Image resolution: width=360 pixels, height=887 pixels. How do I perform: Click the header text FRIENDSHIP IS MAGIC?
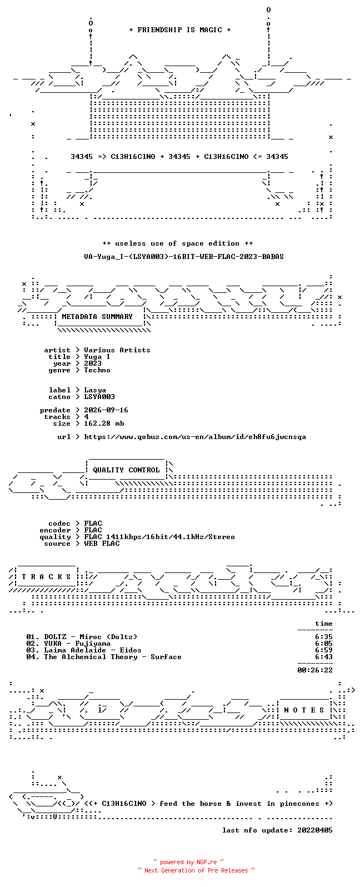180,30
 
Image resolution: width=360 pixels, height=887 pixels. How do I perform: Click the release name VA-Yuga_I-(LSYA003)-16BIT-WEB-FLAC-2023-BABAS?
184,257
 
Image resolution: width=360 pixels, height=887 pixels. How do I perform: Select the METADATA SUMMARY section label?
97,317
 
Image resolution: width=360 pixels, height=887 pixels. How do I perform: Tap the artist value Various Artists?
117,350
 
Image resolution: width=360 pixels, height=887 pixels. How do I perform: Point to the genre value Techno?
97,370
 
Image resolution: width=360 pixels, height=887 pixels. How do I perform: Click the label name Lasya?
95,391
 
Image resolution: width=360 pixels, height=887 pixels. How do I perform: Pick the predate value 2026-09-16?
106,410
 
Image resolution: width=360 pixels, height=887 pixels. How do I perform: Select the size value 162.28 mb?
104,423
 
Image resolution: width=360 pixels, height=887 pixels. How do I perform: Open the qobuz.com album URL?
195,437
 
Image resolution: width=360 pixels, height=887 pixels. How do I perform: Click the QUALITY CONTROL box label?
126,470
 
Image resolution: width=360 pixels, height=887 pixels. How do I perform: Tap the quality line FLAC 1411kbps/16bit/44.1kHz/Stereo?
159,537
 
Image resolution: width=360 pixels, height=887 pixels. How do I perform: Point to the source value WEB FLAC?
102,544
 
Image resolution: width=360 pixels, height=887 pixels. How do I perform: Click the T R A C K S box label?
46,577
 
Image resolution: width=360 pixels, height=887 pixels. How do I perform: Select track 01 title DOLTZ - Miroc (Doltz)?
91,637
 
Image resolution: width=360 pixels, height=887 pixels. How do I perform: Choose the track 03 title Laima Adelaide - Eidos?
93,650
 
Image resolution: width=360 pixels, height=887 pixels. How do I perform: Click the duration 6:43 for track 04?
323,657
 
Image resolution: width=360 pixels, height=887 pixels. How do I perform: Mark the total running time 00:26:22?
315,670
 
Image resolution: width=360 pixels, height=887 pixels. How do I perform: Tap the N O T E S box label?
304,710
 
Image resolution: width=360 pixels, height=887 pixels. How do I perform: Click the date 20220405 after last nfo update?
315,830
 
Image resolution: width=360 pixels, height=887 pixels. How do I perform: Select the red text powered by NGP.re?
188,862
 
